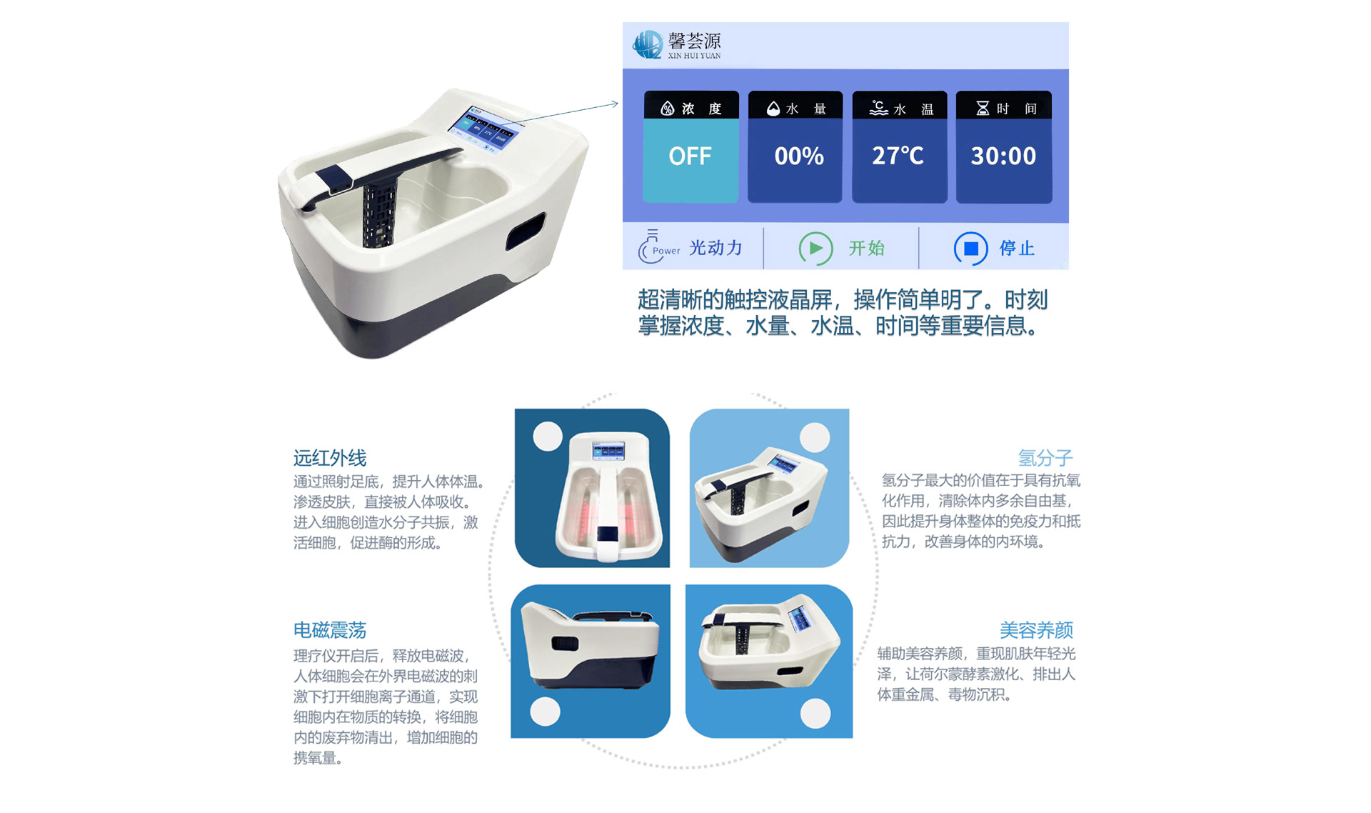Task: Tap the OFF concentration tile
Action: [690, 160]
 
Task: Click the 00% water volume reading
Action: [799, 156]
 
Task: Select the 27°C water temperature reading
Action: [898, 156]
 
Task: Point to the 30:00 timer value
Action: [1003, 156]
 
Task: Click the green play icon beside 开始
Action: [815, 248]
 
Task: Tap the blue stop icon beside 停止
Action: [971, 248]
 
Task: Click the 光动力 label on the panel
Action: [715, 248]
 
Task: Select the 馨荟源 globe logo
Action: [647, 44]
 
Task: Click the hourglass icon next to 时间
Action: [983, 108]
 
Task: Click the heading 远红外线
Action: [330, 458]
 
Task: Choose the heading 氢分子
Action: [1045, 458]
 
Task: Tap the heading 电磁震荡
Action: [330, 630]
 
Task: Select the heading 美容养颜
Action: [1036, 630]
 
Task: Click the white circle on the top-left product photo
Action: [548, 436]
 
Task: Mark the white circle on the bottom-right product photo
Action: [815, 713]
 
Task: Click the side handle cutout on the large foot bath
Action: [526, 232]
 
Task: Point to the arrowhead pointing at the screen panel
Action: [615, 104]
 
